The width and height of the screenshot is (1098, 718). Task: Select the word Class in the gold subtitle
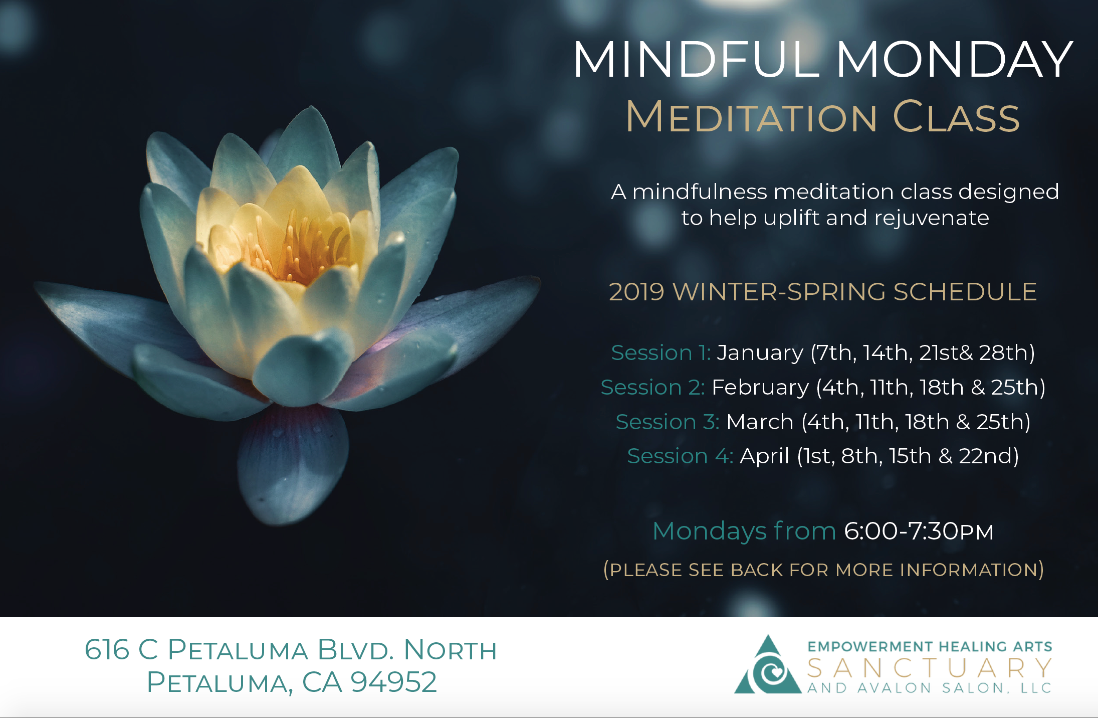pos(956,116)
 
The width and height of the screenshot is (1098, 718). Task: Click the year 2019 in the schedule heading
pos(636,292)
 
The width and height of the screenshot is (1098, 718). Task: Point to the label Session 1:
pos(661,352)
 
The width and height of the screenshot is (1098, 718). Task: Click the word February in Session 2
pos(760,388)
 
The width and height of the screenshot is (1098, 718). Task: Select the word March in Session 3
pos(760,422)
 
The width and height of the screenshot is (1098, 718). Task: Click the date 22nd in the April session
pos(986,456)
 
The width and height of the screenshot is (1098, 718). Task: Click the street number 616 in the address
pos(107,650)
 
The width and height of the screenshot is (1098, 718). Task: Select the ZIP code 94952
pos(393,682)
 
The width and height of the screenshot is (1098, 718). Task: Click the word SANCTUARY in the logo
pos(929,668)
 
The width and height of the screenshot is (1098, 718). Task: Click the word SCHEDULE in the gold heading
pos(965,292)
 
